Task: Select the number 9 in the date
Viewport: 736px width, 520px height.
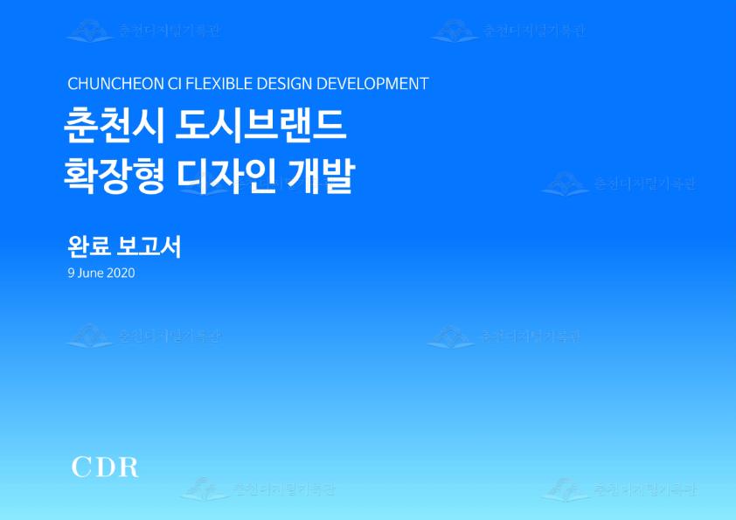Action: [71, 273]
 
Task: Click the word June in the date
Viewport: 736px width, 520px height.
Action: [90, 273]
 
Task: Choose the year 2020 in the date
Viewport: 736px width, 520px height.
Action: [121, 273]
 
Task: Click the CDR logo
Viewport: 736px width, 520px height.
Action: [105, 467]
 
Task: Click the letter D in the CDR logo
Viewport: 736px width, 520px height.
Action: [104, 467]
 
